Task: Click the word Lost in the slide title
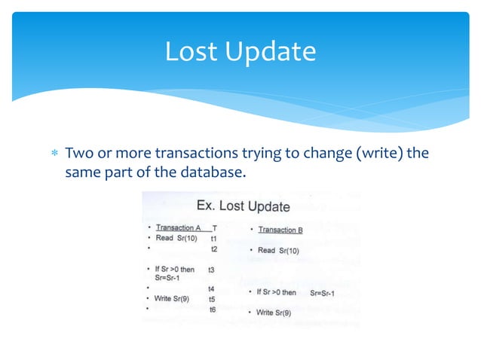191,52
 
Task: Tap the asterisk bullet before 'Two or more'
54,154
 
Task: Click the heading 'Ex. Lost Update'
243,206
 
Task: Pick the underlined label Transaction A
178,227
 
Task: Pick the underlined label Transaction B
280,230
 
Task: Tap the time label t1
214,238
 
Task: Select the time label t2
214,249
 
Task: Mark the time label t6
213,309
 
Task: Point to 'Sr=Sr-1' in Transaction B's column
326,292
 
